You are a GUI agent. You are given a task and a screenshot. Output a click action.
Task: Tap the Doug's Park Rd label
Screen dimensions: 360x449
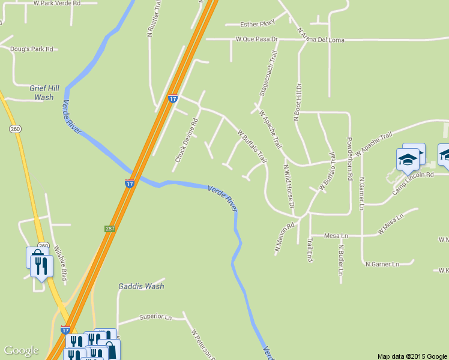click(x=32, y=49)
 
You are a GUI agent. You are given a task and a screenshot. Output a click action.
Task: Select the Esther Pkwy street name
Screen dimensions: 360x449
click(x=257, y=24)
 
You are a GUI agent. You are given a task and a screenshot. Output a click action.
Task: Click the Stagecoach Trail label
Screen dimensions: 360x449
click(x=268, y=74)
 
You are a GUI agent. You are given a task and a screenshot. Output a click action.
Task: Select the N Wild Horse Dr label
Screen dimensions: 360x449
click(x=289, y=187)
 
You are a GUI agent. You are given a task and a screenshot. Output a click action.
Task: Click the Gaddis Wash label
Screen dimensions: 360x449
click(x=141, y=286)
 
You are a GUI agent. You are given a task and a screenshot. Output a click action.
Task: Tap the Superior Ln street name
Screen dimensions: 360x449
click(x=155, y=316)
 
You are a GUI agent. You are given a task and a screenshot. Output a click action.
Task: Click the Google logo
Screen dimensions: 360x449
click(x=21, y=350)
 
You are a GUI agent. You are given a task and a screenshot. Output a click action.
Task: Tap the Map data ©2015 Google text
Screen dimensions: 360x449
click(x=412, y=356)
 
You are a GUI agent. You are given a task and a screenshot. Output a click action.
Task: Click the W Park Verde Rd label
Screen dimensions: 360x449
click(x=65, y=3)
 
